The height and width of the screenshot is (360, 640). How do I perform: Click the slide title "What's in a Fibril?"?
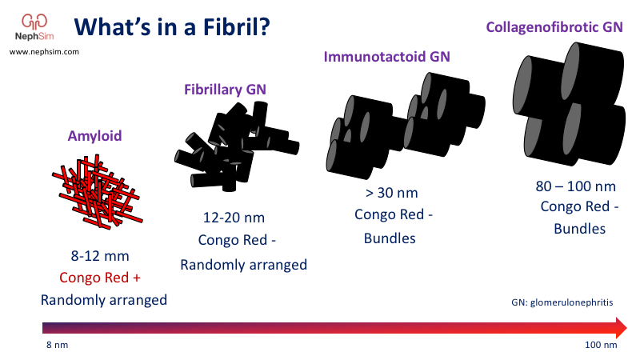click(171, 27)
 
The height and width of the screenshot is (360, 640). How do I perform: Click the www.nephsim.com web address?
click(44, 51)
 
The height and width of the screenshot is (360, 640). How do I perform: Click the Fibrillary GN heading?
click(226, 89)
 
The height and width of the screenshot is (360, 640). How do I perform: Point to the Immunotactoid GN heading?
click(386, 57)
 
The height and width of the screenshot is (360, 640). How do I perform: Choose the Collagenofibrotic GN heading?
click(554, 27)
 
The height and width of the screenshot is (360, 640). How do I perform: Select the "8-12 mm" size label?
click(100, 256)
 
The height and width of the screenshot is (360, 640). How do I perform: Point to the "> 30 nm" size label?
click(391, 193)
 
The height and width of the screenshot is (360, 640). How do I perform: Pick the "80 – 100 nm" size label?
click(575, 186)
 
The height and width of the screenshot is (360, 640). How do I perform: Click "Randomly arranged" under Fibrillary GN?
click(243, 265)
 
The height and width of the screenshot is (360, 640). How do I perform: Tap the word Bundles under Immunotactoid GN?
click(390, 238)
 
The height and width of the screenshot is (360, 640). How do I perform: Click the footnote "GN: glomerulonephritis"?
click(563, 302)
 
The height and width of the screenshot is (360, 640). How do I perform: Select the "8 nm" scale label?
click(54, 346)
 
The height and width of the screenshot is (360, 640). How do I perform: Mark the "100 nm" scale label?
click(599, 346)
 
